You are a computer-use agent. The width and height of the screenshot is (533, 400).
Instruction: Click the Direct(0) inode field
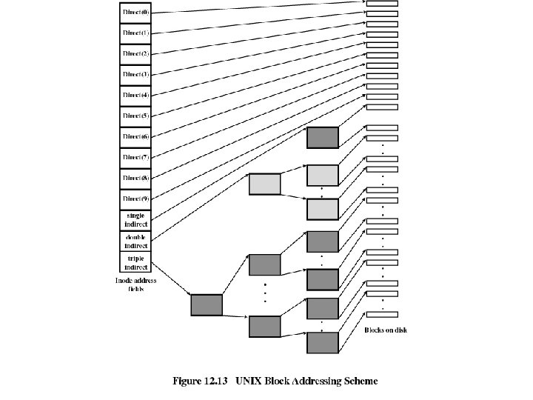click(x=135, y=13)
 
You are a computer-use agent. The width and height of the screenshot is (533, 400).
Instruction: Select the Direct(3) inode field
click(x=135, y=75)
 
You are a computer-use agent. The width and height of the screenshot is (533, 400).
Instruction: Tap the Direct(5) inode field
click(x=135, y=116)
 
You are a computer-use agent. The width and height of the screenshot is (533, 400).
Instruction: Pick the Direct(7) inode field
click(x=135, y=158)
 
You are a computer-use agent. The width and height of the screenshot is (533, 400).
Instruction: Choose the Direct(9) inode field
click(x=135, y=199)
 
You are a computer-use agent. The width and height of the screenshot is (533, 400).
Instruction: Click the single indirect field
click(x=135, y=220)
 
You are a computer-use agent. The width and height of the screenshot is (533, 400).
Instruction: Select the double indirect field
click(x=135, y=241)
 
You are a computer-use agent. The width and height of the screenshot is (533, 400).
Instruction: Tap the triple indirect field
click(x=135, y=261)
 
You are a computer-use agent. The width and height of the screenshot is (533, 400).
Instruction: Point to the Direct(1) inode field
click(x=135, y=33)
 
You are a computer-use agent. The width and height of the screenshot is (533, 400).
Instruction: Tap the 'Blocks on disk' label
click(x=385, y=330)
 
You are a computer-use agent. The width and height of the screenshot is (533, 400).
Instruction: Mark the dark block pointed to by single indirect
click(x=323, y=138)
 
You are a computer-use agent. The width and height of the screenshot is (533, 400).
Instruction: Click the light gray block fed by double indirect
click(x=265, y=184)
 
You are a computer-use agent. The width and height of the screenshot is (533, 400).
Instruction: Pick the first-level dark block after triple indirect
click(x=207, y=304)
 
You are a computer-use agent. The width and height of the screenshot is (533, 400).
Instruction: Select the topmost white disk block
click(x=382, y=3)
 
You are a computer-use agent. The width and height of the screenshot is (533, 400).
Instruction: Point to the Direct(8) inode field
click(x=135, y=179)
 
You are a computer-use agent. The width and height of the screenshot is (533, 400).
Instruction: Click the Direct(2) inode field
click(x=135, y=54)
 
